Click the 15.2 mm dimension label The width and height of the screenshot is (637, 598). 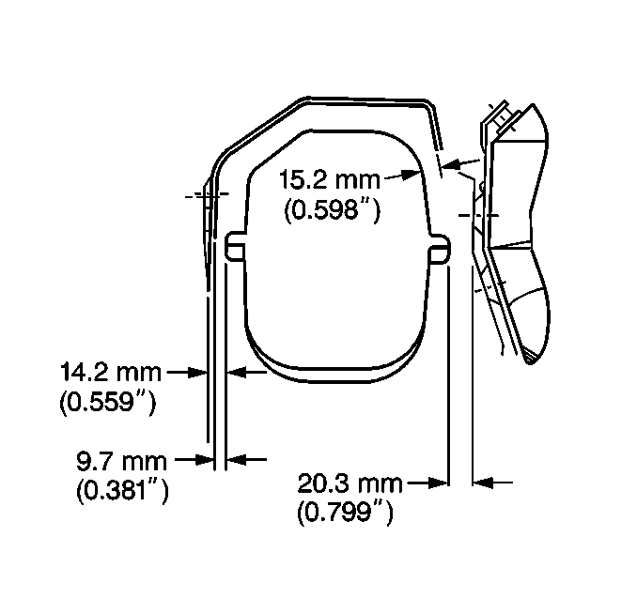point(330,180)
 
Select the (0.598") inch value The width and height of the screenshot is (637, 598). point(332,210)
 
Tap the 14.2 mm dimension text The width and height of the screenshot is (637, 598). point(111,373)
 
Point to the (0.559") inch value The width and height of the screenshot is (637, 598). point(108,403)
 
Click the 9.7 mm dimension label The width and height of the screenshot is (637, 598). point(121,461)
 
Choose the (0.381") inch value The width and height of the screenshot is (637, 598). point(122,492)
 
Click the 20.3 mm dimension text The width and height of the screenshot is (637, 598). point(350,483)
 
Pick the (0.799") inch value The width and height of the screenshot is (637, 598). point(346,514)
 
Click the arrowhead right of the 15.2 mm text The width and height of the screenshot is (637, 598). point(412,175)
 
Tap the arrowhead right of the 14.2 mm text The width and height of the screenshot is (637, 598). point(197,373)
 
